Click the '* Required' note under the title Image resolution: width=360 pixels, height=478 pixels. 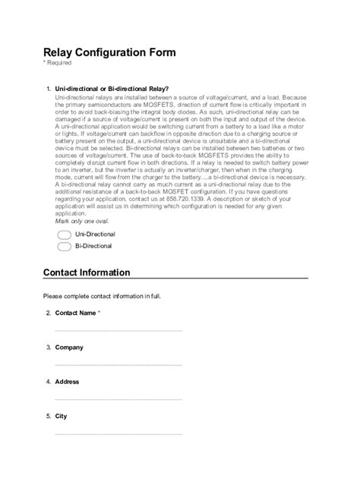click(58, 64)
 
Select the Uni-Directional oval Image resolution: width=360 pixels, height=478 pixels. click(65, 235)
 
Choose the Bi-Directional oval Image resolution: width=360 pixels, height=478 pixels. click(65, 247)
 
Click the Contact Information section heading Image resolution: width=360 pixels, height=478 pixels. click(87, 272)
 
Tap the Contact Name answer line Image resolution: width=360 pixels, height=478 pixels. click(118, 329)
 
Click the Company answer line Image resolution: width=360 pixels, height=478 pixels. click(118, 364)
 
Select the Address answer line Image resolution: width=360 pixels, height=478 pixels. click(118, 398)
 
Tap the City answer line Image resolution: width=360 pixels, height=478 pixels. click(118, 433)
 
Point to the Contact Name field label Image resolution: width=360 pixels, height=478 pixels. click(76, 313)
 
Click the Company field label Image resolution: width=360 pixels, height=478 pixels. click(69, 347)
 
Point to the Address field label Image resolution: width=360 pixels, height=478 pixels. click(68, 382)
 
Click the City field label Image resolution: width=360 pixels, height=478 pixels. click(62, 417)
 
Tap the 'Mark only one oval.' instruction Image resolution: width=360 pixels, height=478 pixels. click(82, 222)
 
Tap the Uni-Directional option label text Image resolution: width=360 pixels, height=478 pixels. click(95, 235)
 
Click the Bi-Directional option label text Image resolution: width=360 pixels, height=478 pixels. click(93, 247)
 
